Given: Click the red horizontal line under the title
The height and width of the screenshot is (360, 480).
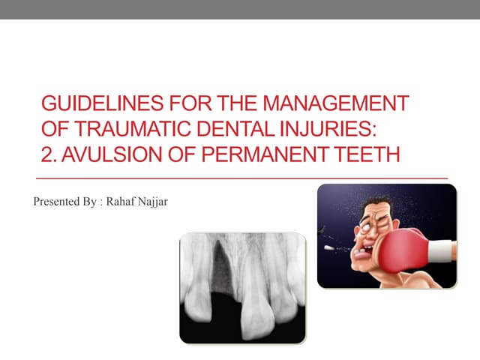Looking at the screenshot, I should [x=240, y=178].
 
